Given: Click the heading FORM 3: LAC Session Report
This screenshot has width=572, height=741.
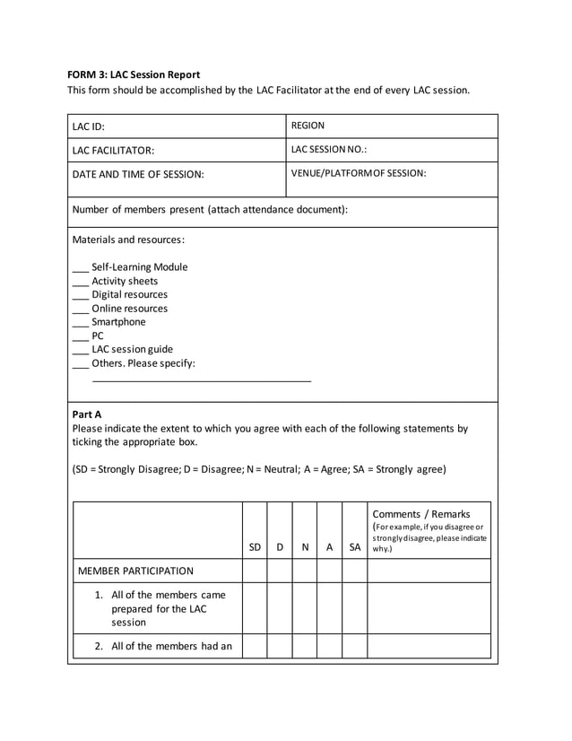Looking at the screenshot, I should click(134, 74).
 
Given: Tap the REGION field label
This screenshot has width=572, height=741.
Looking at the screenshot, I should click(308, 126).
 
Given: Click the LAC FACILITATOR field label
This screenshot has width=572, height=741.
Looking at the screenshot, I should click(113, 151).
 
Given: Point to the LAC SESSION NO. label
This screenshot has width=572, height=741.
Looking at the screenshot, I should click(329, 149).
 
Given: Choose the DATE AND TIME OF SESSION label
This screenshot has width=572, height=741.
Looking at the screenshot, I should click(138, 174).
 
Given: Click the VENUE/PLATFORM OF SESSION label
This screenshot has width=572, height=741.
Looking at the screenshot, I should click(359, 172).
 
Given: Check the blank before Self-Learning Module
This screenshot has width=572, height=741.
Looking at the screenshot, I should click(80, 268).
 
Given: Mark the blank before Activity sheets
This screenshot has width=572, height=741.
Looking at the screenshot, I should click(80, 282).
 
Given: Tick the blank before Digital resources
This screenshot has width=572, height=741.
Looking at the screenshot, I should click(80, 295).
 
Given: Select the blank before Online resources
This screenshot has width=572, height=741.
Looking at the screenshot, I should click(80, 309).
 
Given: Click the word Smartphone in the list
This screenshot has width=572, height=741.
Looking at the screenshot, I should click(118, 322).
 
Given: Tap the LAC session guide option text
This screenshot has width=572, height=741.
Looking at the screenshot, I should click(133, 349).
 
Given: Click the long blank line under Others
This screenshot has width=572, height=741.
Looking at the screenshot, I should click(202, 381).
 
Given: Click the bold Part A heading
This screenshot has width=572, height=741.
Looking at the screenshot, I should click(87, 414).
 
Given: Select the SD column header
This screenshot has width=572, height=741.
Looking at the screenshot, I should click(255, 546).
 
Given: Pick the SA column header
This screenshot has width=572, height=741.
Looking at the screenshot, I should click(355, 546).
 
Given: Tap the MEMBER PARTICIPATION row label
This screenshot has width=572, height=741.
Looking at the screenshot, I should click(136, 571).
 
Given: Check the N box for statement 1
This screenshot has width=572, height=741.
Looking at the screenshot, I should click(305, 608).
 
